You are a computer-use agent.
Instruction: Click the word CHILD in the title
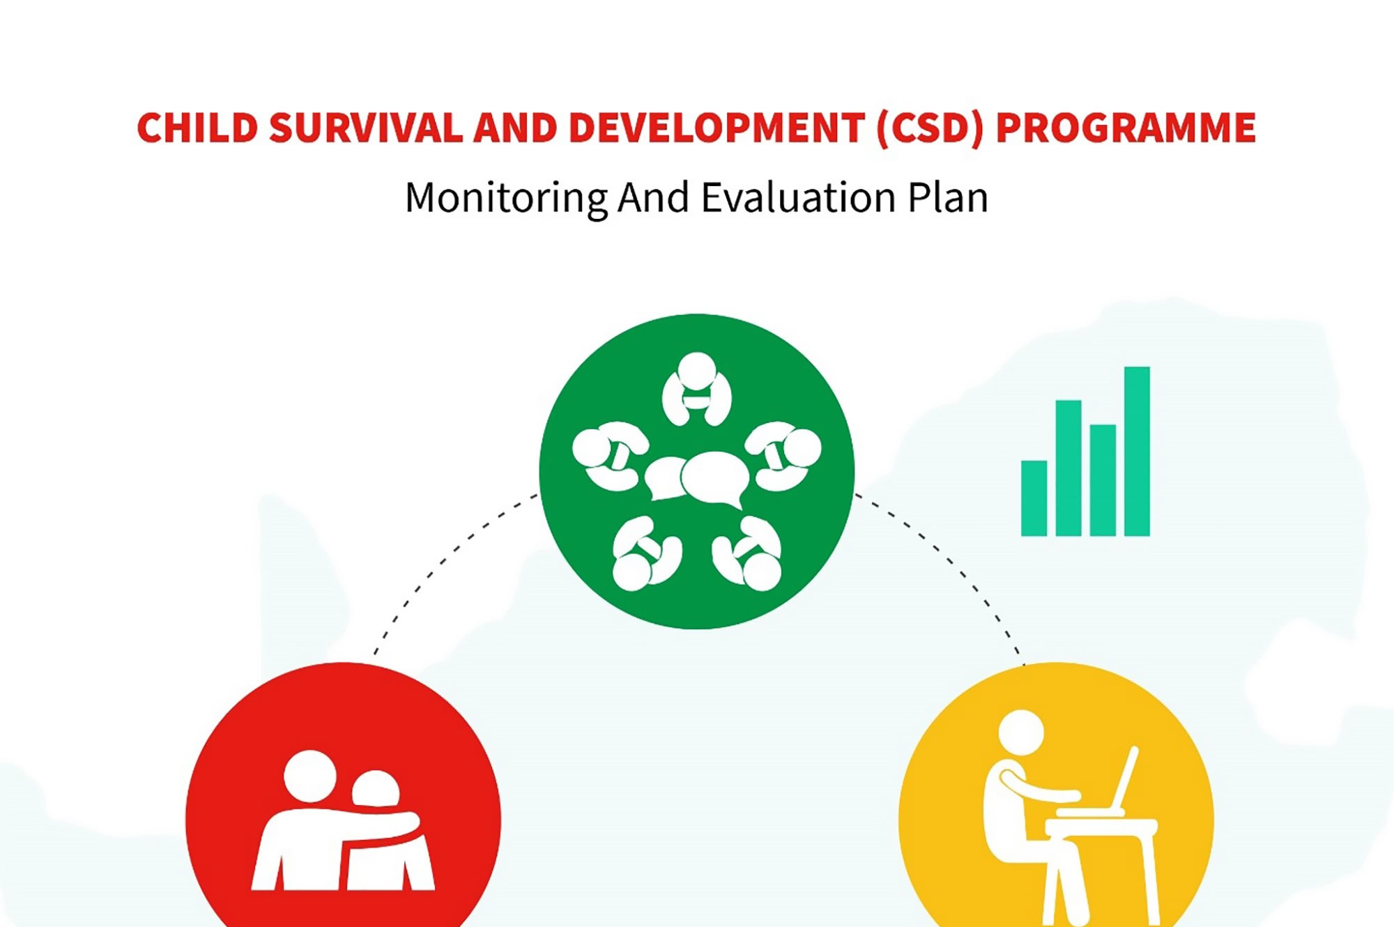tap(197, 128)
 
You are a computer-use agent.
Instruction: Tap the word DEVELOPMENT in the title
tap(717, 128)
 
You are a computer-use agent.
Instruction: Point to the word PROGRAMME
tap(1126, 128)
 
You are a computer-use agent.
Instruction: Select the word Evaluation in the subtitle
tap(798, 197)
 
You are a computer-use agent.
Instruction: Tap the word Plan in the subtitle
tap(948, 197)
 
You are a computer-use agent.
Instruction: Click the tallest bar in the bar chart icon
tap(1137, 451)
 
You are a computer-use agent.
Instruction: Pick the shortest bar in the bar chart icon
tap(1034, 498)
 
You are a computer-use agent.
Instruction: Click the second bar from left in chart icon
tap(1069, 468)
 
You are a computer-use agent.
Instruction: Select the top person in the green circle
tap(696, 389)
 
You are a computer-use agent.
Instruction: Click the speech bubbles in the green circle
tap(696, 480)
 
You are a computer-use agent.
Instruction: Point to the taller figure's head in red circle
tap(310, 776)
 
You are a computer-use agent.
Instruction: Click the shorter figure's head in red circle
tap(376, 788)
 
